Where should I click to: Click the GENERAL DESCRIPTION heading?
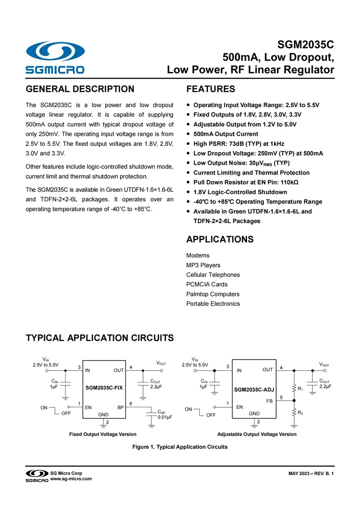click(80, 89)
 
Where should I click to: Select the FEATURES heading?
click(211, 89)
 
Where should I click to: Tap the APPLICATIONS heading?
click(220, 239)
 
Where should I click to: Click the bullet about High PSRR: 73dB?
click(238, 144)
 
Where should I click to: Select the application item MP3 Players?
click(203, 265)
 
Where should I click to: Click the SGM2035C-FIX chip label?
click(104, 387)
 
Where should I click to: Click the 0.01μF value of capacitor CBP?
click(165, 417)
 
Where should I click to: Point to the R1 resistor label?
click(300, 388)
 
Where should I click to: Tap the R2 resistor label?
click(300, 412)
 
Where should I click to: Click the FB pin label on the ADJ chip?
click(270, 401)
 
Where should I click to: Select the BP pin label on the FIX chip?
click(121, 407)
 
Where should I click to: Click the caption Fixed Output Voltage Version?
click(103, 434)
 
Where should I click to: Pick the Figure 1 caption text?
click(180, 447)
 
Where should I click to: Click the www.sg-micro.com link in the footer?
click(71, 479)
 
